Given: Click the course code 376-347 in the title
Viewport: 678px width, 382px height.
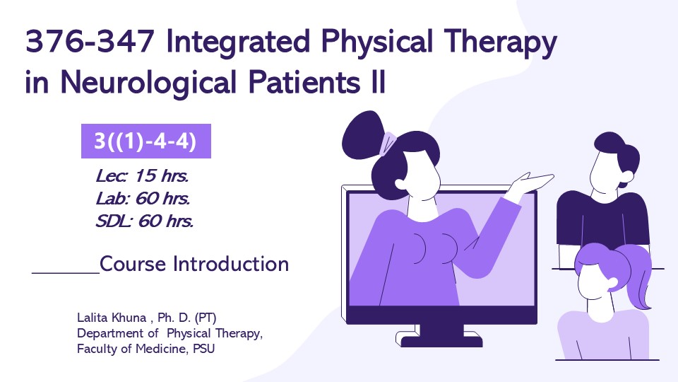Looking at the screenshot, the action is (90, 42).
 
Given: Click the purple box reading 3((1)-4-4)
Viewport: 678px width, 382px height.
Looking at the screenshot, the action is (146, 141).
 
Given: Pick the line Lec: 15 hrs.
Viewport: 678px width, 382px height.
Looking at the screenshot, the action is (142, 176).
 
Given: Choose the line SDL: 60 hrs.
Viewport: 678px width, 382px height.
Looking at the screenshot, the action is (144, 221).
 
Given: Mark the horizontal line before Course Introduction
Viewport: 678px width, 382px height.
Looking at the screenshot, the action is (66, 273).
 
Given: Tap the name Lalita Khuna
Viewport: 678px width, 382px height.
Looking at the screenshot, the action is (112, 318).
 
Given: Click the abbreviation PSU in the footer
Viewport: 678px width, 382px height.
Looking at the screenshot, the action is (203, 349).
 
